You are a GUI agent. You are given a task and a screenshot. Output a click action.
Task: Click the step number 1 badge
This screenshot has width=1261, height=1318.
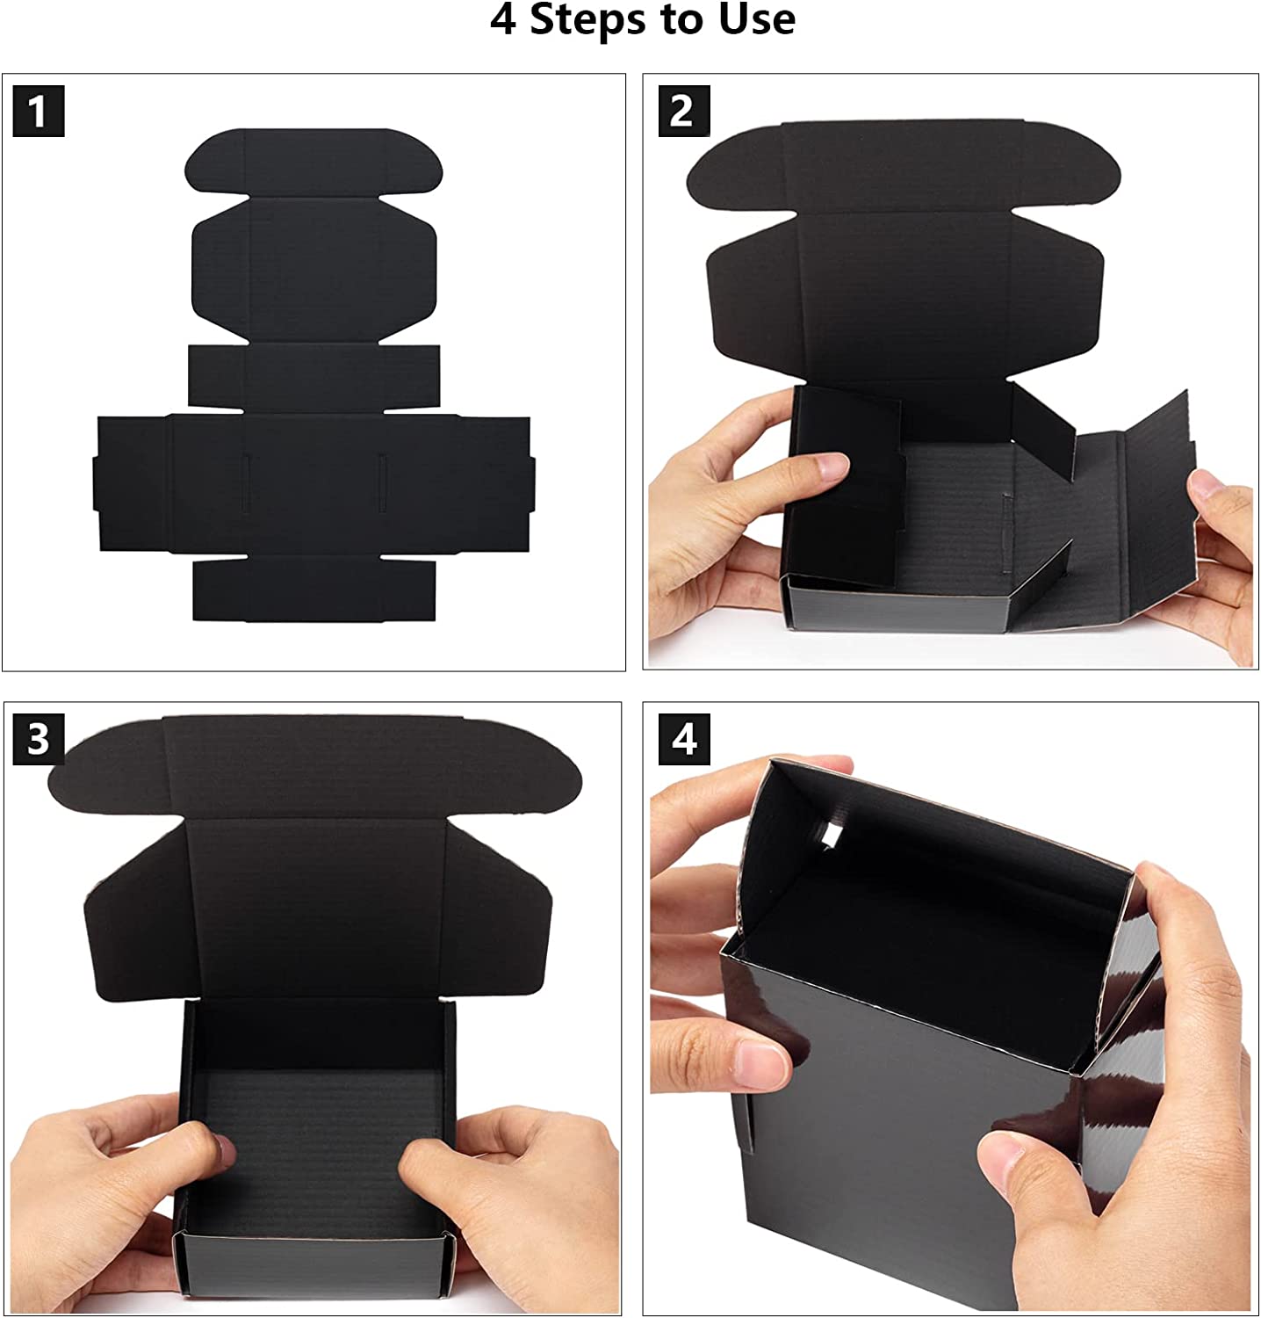(x=39, y=112)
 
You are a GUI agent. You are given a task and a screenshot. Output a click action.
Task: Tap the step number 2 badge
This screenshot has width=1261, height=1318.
(x=684, y=112)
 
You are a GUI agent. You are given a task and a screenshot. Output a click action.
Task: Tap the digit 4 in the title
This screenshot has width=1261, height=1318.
(x=502, y=19)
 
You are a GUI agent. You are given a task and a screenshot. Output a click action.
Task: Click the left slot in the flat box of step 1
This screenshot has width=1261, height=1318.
(x=246, y=482)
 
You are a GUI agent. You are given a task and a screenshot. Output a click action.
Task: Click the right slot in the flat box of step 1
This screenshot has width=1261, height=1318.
(x=382, y=482)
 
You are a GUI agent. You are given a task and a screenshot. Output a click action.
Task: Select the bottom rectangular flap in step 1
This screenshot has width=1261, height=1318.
(x=314, y=589)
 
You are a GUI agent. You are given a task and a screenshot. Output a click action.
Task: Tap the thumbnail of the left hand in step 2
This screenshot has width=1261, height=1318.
(x=830, y=466)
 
